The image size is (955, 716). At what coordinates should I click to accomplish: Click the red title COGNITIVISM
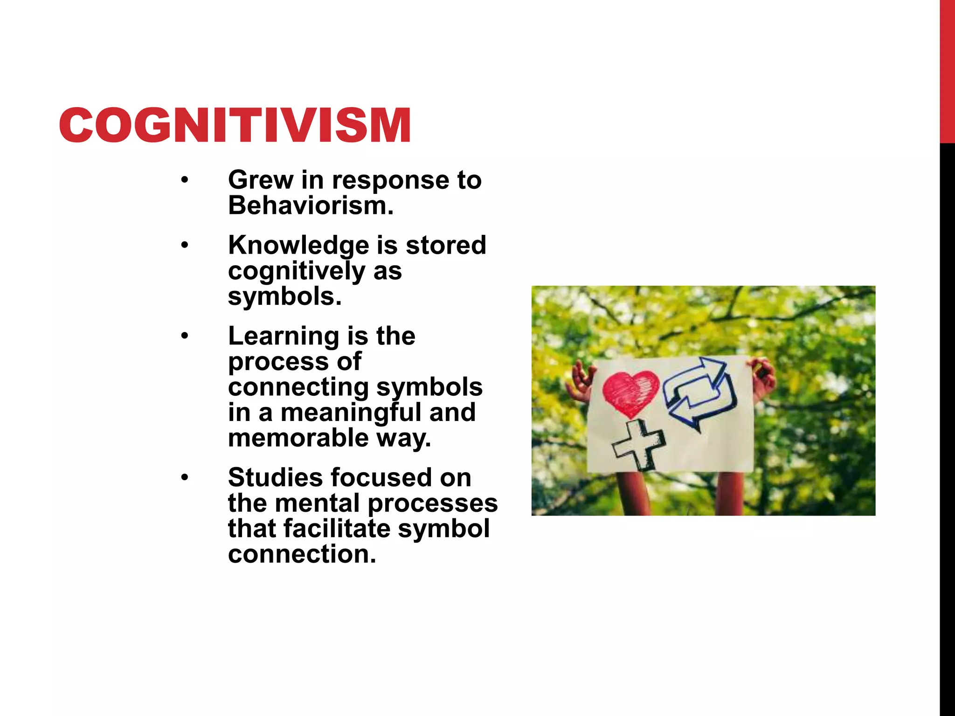click(x=235, y=125)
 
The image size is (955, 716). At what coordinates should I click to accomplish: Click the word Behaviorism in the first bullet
click(x=310, y=206)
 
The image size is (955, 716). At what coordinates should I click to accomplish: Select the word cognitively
click(x=297, y=271)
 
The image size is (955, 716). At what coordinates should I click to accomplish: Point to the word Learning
click(x=284, y=336)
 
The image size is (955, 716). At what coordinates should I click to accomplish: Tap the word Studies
click(x=275, y=477)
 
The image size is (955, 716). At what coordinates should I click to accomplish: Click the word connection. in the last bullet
click(x=302, y=554)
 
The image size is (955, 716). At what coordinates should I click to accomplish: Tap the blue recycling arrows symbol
click(x=699, y=392)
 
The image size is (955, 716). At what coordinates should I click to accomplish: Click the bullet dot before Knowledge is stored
click(x=185, y=245)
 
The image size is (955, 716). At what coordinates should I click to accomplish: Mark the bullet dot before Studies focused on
click(x=185, y=477)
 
